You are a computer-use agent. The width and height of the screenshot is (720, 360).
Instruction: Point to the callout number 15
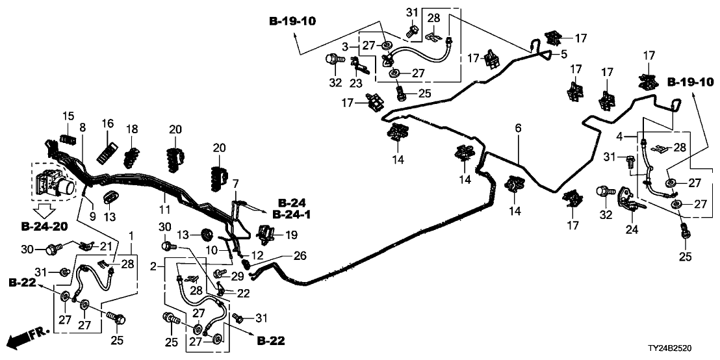(x=68, y=117)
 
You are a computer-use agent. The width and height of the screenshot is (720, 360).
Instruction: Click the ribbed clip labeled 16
(x=107, y=152)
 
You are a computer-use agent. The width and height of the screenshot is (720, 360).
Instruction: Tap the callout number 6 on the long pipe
(x=518, y=130)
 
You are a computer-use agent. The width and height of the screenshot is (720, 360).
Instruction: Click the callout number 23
(x=355, y=83)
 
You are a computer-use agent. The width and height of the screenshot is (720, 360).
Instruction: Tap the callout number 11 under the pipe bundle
(x=164, y=209)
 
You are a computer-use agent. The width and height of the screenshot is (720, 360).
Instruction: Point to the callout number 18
(x=133, y=129)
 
